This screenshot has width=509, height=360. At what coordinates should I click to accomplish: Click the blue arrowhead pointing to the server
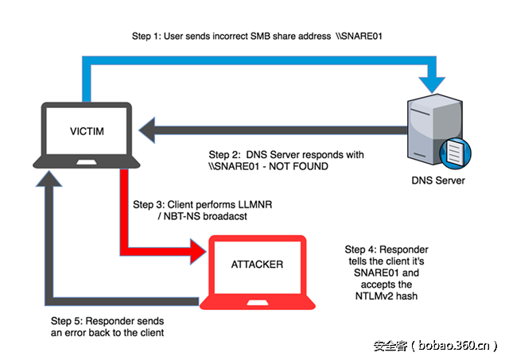coord(434,81)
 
